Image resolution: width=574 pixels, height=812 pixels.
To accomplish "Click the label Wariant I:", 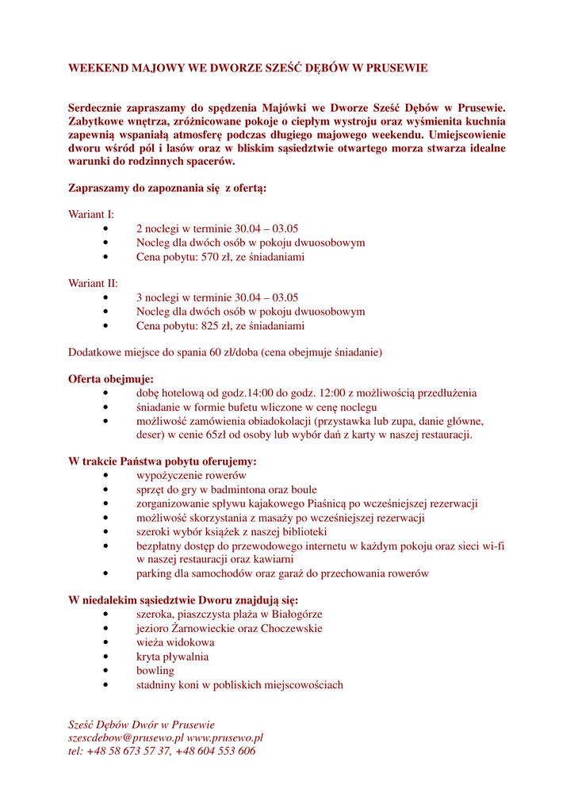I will click(91, 214).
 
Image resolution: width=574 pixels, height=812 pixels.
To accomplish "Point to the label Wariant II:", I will click(93, 283).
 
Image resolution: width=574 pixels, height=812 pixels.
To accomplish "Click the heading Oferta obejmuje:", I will click(111, 379).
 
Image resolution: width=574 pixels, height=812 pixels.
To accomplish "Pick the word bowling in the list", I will click(155, 671).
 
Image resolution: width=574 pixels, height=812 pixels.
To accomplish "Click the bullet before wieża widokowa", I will click(106, 643).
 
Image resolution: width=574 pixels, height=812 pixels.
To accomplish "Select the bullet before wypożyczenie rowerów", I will click(106, 476).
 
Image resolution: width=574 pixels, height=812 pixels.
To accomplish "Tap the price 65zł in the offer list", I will click(218, 435).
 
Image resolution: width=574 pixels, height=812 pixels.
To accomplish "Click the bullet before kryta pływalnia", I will click(106, 657).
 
